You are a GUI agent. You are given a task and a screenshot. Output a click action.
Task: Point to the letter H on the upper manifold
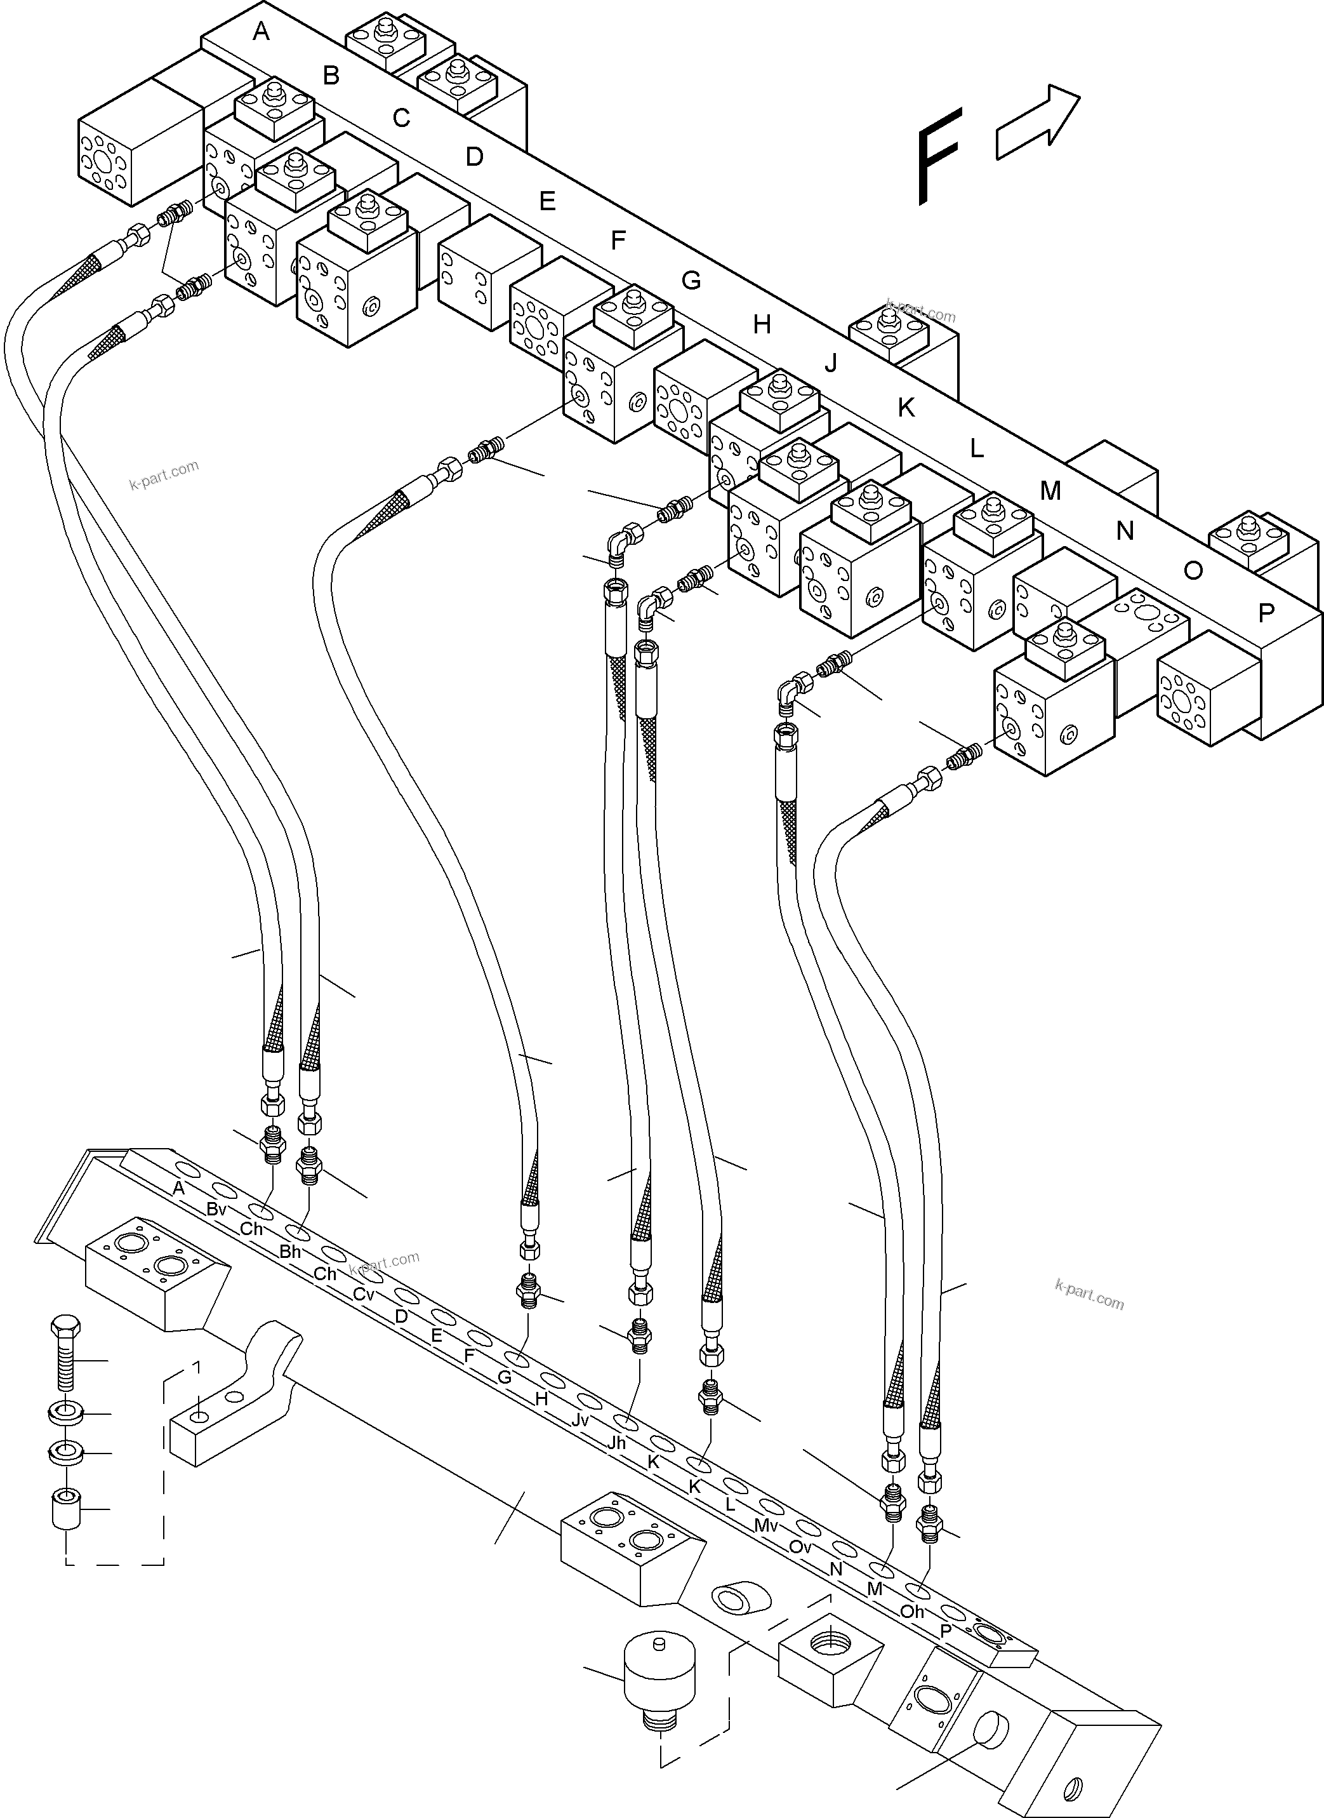pos(762,324)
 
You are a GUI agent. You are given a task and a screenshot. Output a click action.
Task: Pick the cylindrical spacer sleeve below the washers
pos(64,1509)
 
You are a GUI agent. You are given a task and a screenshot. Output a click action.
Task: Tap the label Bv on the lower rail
pos(216,1209)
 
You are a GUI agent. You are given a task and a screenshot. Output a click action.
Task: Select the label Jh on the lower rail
pos(616,1443)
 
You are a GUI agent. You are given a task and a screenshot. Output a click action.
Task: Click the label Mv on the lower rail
pos(765,1525)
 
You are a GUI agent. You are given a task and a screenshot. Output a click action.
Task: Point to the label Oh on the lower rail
pos(912,1611)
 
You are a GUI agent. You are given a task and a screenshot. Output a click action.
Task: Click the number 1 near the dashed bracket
pos(195,1368)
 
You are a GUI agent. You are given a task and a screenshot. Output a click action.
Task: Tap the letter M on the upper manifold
pos(1050,491)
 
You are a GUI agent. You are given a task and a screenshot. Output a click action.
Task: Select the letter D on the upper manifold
pos(475,156)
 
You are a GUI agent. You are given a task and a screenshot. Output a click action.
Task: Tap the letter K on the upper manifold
pos(906,408)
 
